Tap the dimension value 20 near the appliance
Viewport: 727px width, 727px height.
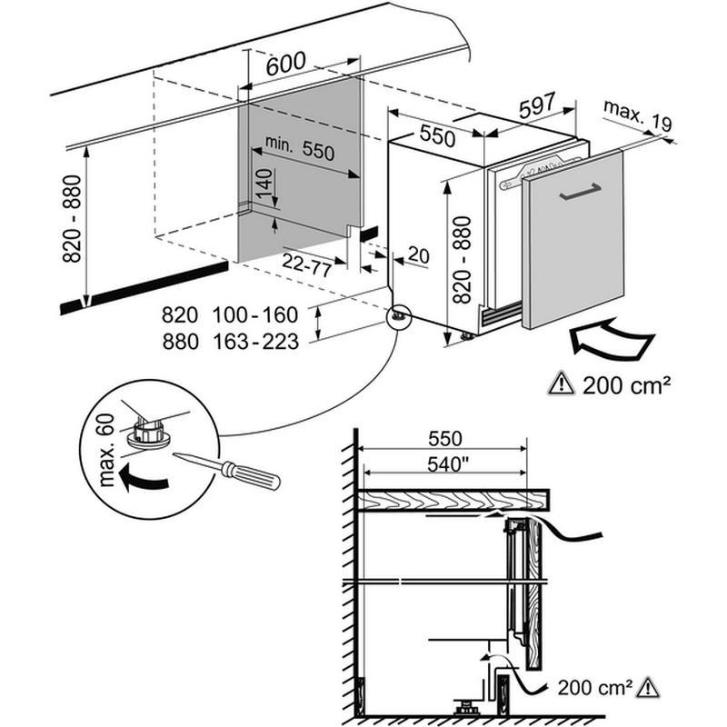tap(418, 255)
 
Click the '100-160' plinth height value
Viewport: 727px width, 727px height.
tap(255, 315)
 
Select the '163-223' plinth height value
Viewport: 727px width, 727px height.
tap(255, 343)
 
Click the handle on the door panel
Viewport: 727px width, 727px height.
tap(580, 192)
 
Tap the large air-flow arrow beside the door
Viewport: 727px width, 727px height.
tap(610, 342)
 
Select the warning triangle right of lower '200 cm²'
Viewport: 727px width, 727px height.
tap(647, 688)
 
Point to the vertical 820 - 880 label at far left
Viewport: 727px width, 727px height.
tap(71, 219)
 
